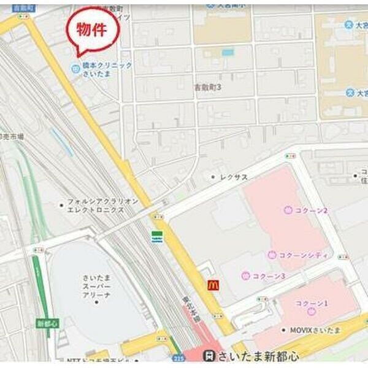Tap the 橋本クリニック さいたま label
click(x=107, y=69)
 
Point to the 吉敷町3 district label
click(x=207, y=88)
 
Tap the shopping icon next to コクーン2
click(x=288, y=210)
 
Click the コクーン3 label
click(x=269, y=276)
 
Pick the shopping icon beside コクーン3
click(x=245, y=275)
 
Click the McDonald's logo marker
click(x=213, y=285)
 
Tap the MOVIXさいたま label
click(x=311, y=331)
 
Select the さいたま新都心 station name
click(x=260, y=356)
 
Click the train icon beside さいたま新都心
click(x=210, y=356)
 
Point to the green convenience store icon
click(x=158, y=237)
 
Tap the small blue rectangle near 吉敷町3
click(x=228, y=53)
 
